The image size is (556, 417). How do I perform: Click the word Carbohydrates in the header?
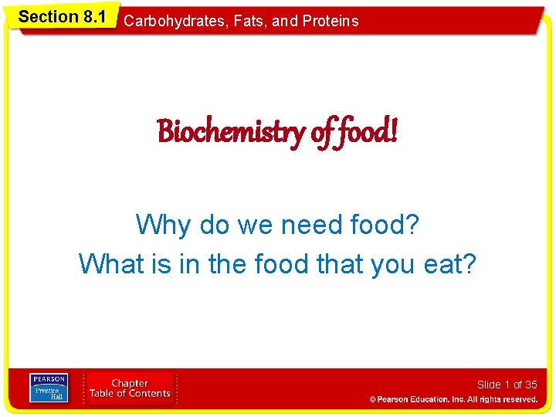165,21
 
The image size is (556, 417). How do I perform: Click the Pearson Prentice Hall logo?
49,388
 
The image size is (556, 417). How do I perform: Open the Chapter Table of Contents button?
130,388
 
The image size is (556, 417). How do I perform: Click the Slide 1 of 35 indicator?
507,385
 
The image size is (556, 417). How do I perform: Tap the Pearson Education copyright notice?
453,399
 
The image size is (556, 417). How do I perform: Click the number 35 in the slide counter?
531,385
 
